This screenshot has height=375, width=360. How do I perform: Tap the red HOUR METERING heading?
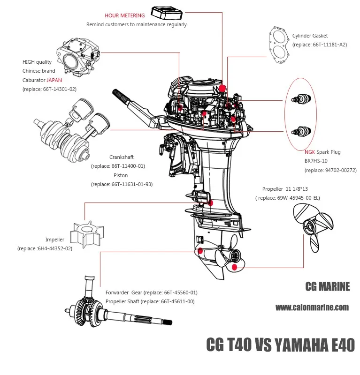click(124, 15)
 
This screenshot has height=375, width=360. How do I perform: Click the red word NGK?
click(310, 152)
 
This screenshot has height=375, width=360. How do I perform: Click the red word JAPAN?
click(54, 80)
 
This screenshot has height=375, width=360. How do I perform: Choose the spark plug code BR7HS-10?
click(318, 161)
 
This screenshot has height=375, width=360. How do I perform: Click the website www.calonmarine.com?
click(312, 307)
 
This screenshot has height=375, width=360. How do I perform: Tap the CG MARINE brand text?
click(327, 286)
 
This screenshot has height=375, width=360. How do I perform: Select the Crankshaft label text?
click(121, 157)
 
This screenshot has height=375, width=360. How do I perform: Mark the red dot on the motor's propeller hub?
click(235, 268)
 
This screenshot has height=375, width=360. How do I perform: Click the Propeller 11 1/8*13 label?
click(291, 189)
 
